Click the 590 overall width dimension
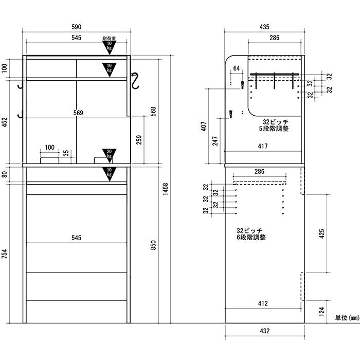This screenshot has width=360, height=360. coord(76,27)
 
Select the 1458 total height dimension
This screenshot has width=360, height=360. coord(165,189)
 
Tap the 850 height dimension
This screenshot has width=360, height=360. coord(153,245)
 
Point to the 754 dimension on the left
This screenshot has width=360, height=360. coord(4,254)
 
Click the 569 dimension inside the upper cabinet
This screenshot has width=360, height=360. coord(78,113)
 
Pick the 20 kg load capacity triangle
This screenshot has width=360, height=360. coord(109,154)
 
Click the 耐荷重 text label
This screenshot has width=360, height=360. coord(109,39)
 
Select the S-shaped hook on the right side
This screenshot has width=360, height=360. coord(135,80)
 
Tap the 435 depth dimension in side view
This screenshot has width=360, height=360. coord(264,27)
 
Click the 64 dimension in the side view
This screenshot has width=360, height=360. coord(237,68)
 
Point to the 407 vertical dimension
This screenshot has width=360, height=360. coord(204,127)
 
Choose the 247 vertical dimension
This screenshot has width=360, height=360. coord(215,141)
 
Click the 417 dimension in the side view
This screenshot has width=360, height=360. coord(263,146)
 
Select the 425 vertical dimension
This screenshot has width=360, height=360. coord(322,233)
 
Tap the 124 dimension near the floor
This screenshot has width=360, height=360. coord(322,312)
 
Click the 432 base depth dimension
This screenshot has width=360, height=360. coord(265,331)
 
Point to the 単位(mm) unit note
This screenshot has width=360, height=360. coord(347,318)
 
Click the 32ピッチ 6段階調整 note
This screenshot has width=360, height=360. coord(251,233)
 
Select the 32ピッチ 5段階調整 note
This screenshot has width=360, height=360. coord(274,125)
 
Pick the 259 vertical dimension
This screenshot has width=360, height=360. coord(139,140)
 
